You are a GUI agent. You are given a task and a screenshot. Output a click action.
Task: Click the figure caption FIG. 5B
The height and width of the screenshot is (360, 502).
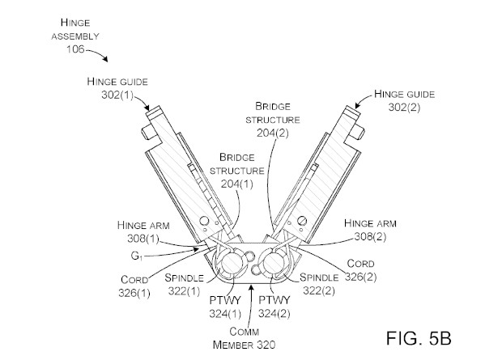tap(419, 338)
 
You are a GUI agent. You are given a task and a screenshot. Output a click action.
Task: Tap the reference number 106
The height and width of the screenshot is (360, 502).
tap(75, 49)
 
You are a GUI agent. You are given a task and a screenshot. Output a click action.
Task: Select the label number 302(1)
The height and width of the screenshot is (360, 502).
tap(117, 95)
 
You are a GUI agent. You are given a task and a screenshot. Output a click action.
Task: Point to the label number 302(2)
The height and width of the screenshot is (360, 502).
tap(404, 108)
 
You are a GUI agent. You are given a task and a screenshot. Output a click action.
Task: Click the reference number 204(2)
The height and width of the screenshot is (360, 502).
tap(272, 133)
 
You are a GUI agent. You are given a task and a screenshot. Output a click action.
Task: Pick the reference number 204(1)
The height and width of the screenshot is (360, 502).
tap(237, 184)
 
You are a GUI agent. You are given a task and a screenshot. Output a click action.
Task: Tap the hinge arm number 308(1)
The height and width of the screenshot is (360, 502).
tap(143, 239)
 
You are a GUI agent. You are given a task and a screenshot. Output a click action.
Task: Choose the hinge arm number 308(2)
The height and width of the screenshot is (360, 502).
tap(370, 236)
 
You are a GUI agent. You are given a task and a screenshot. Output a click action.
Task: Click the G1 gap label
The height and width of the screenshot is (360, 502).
tap(136, 256)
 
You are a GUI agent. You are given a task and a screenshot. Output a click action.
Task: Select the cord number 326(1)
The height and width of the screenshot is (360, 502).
tap(134, 293)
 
